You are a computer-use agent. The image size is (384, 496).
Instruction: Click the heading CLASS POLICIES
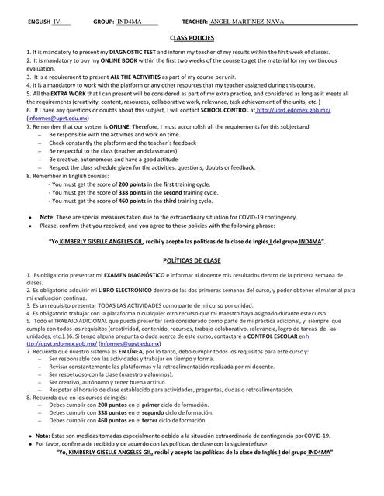click(192, 37)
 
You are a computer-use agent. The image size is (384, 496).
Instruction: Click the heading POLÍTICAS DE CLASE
click(192, 262)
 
